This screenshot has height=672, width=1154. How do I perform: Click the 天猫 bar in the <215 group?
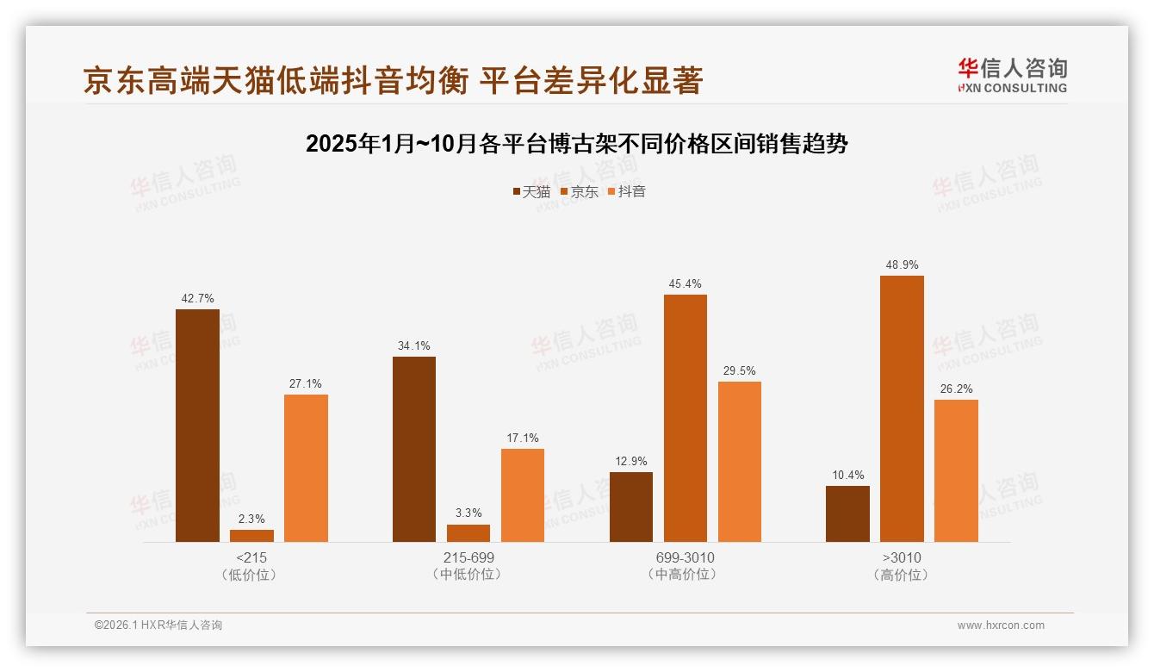(x=197, y=426)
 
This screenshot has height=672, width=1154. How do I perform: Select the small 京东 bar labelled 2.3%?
(x=251, y=536)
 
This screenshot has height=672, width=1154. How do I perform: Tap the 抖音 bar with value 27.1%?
(x=306, y=468)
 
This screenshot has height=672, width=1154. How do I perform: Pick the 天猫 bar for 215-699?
(x=414, y=449)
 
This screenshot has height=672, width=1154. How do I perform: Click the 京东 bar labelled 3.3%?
(x=468, y=533)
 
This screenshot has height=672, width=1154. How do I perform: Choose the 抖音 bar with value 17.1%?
(x=523, y=495)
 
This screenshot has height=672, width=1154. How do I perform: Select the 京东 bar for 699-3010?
(x=686, y=418)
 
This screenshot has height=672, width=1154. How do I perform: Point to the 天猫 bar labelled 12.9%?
(x=631, y=507)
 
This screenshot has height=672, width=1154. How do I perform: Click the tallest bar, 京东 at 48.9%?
(x=902, y=408)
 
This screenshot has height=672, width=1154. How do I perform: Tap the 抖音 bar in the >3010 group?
(x=956, y=470)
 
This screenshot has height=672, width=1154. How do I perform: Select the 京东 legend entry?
(x=579, y=191)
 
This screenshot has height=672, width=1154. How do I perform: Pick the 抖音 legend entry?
(x=627, y=191)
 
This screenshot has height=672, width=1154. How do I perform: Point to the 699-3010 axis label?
(x=686, y=557)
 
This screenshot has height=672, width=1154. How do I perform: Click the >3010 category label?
(x=902, y=557)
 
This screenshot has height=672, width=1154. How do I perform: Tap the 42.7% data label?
(x=197, y=298)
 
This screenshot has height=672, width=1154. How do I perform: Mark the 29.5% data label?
(x=740, y=370)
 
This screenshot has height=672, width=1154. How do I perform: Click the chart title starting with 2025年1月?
(x=577, y=144)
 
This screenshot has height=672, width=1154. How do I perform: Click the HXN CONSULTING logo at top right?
(x=1012, y=76)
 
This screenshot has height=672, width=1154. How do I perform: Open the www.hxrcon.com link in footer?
(x=1001, y=625)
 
